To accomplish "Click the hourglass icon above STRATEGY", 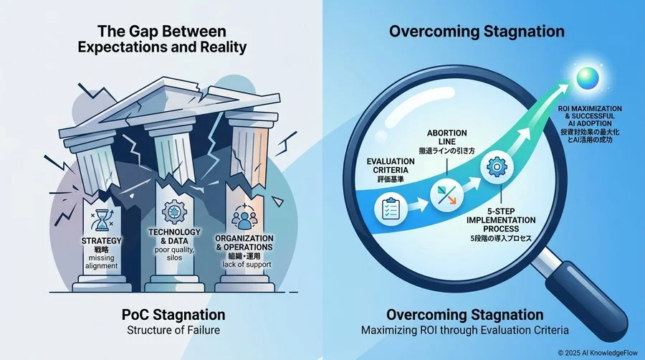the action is [102, 220].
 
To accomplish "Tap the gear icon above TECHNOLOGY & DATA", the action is [174, 213].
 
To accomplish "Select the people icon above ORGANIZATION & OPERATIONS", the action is [244, 217].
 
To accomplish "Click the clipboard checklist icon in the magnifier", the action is [390, 209].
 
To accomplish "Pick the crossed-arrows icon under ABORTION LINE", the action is [446, 195].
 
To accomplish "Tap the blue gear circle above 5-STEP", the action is [497, 166].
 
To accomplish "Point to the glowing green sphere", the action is [588, 78].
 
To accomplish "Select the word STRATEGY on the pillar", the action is [101, 241].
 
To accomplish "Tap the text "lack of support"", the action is [247, 264].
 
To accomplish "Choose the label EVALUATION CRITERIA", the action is [391, 166].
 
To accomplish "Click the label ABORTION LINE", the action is [446, 138].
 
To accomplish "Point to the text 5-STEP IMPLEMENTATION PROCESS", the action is [501, 220].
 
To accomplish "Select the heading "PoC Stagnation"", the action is [173, 315].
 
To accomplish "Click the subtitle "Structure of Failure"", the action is [173, 330].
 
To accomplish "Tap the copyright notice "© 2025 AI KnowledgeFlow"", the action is [598, 353].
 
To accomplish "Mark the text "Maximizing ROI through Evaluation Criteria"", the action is [465, 330].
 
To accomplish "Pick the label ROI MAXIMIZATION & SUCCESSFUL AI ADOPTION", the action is [590, 116].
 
